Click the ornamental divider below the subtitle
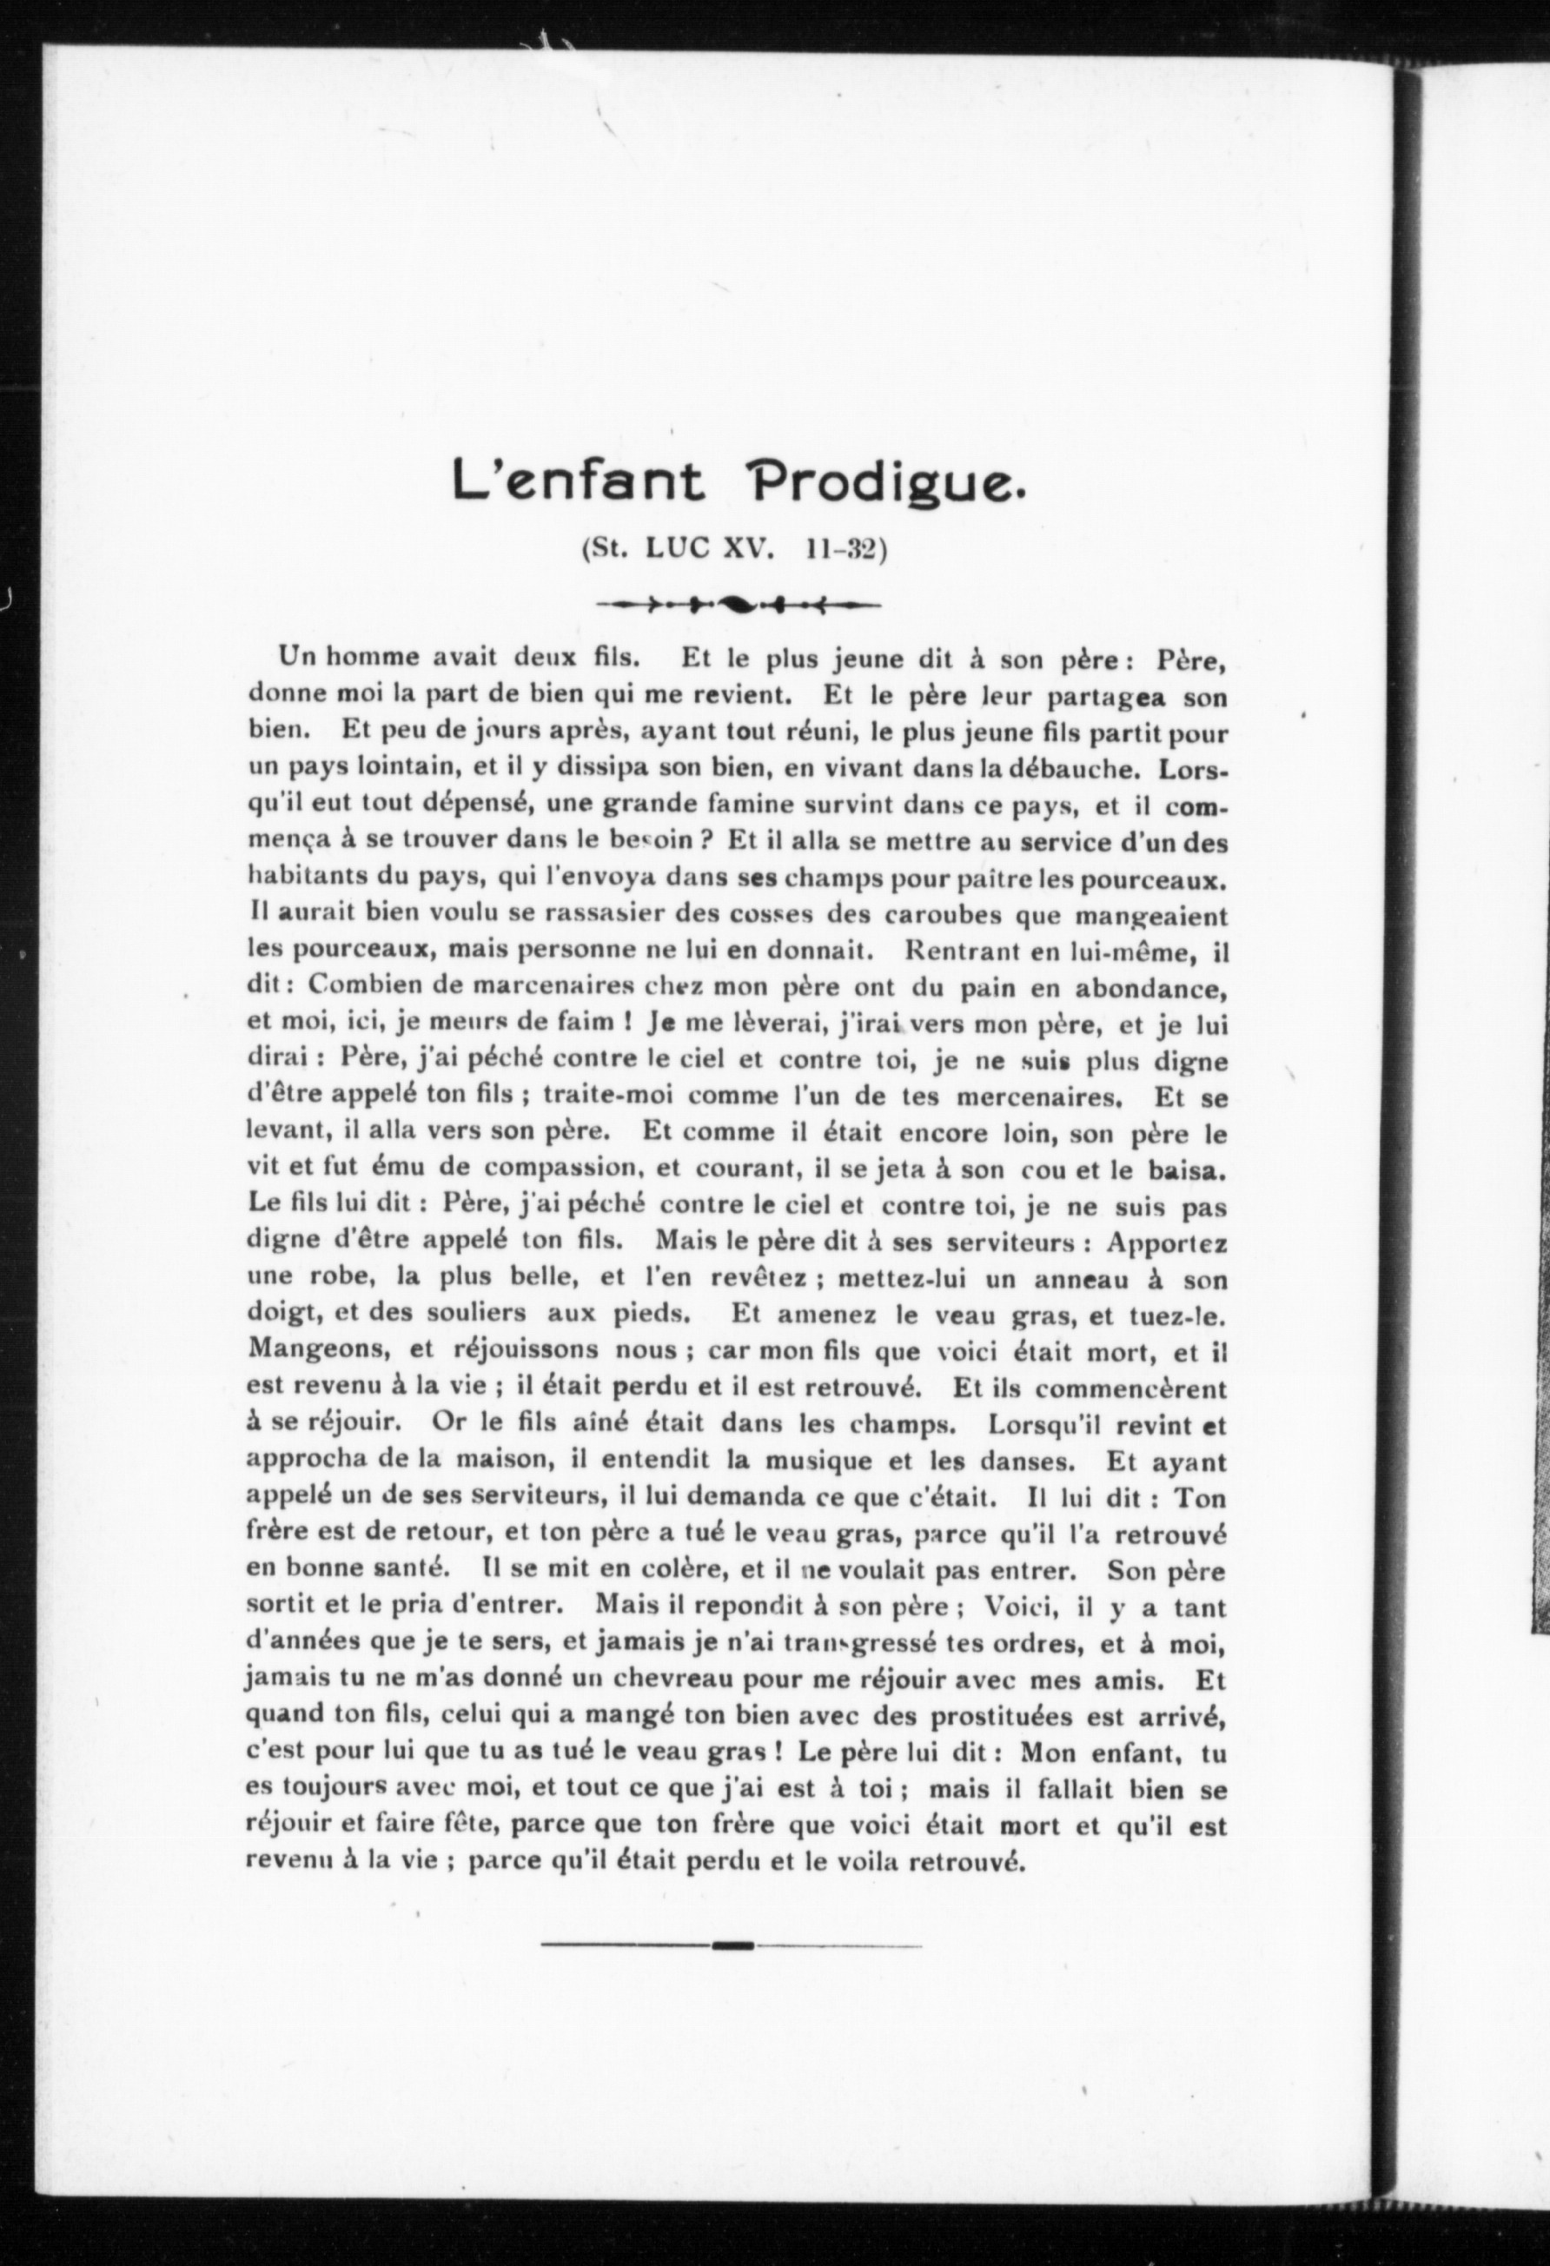(738, 605)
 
